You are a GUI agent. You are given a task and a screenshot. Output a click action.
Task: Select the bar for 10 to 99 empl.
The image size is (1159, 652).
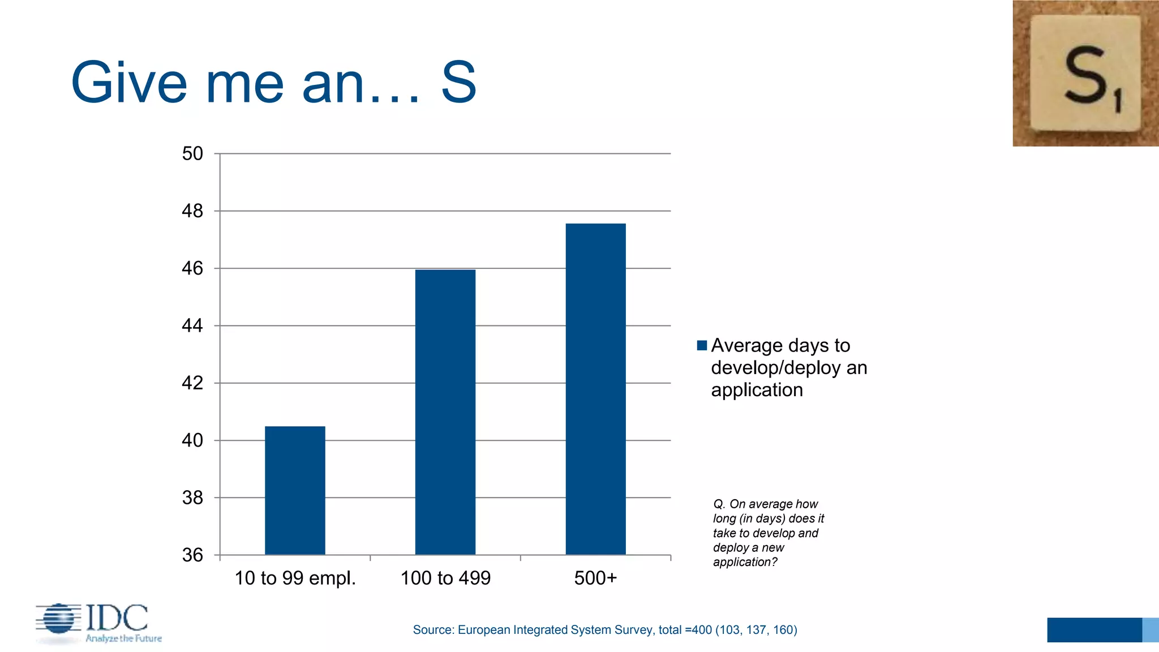point(295,490)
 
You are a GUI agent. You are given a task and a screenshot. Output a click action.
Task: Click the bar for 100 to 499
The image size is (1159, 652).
point(445,412)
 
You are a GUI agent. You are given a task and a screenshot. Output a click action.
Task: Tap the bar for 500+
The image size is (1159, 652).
point(595,389)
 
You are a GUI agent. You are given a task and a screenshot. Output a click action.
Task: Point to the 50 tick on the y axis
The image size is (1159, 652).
point(192,153)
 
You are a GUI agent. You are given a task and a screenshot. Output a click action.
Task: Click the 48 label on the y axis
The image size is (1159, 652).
point(192,211)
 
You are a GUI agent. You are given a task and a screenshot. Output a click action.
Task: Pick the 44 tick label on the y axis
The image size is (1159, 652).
point(192,325)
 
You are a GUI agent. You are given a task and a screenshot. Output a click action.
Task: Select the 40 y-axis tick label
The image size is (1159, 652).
point(192,440)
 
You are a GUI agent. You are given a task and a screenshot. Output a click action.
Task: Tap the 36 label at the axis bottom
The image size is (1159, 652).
point(192,555)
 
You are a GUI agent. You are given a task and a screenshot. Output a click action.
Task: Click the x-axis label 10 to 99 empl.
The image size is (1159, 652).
point(295,578)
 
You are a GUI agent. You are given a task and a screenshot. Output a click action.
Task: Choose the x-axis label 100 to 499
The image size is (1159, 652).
point(445,578)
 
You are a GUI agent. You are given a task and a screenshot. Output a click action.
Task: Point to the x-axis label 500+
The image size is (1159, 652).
point(595,578)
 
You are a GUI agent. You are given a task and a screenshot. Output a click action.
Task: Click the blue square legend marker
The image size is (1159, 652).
point(702,345)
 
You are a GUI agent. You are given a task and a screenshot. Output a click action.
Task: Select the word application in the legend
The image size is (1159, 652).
point(757,390)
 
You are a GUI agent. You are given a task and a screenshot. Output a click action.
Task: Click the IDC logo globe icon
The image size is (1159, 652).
point(58,619)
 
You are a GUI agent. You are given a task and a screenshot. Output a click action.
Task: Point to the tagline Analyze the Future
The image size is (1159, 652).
point(123,638)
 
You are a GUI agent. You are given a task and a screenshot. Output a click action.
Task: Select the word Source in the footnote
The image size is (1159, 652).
point(433,630)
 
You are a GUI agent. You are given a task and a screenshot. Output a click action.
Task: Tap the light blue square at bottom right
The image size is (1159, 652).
point(1150,630)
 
